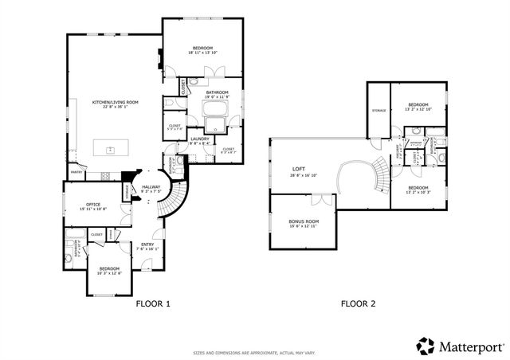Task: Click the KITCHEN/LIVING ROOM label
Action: [116, 103]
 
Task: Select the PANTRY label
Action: [76, 171]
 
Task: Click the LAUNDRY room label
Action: [200, 139]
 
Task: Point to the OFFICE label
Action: [93, 205]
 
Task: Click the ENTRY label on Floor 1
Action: [148, 245]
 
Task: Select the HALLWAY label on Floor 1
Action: [151, 188]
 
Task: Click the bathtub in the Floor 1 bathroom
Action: [214, 123]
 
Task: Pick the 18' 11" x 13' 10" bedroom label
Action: [201, 49]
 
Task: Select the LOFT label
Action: [300, 169]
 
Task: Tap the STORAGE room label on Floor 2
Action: [379, 111]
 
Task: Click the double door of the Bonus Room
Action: [321, 196]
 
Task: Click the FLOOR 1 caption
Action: [153, 303]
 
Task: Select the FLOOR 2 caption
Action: [358, 303]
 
